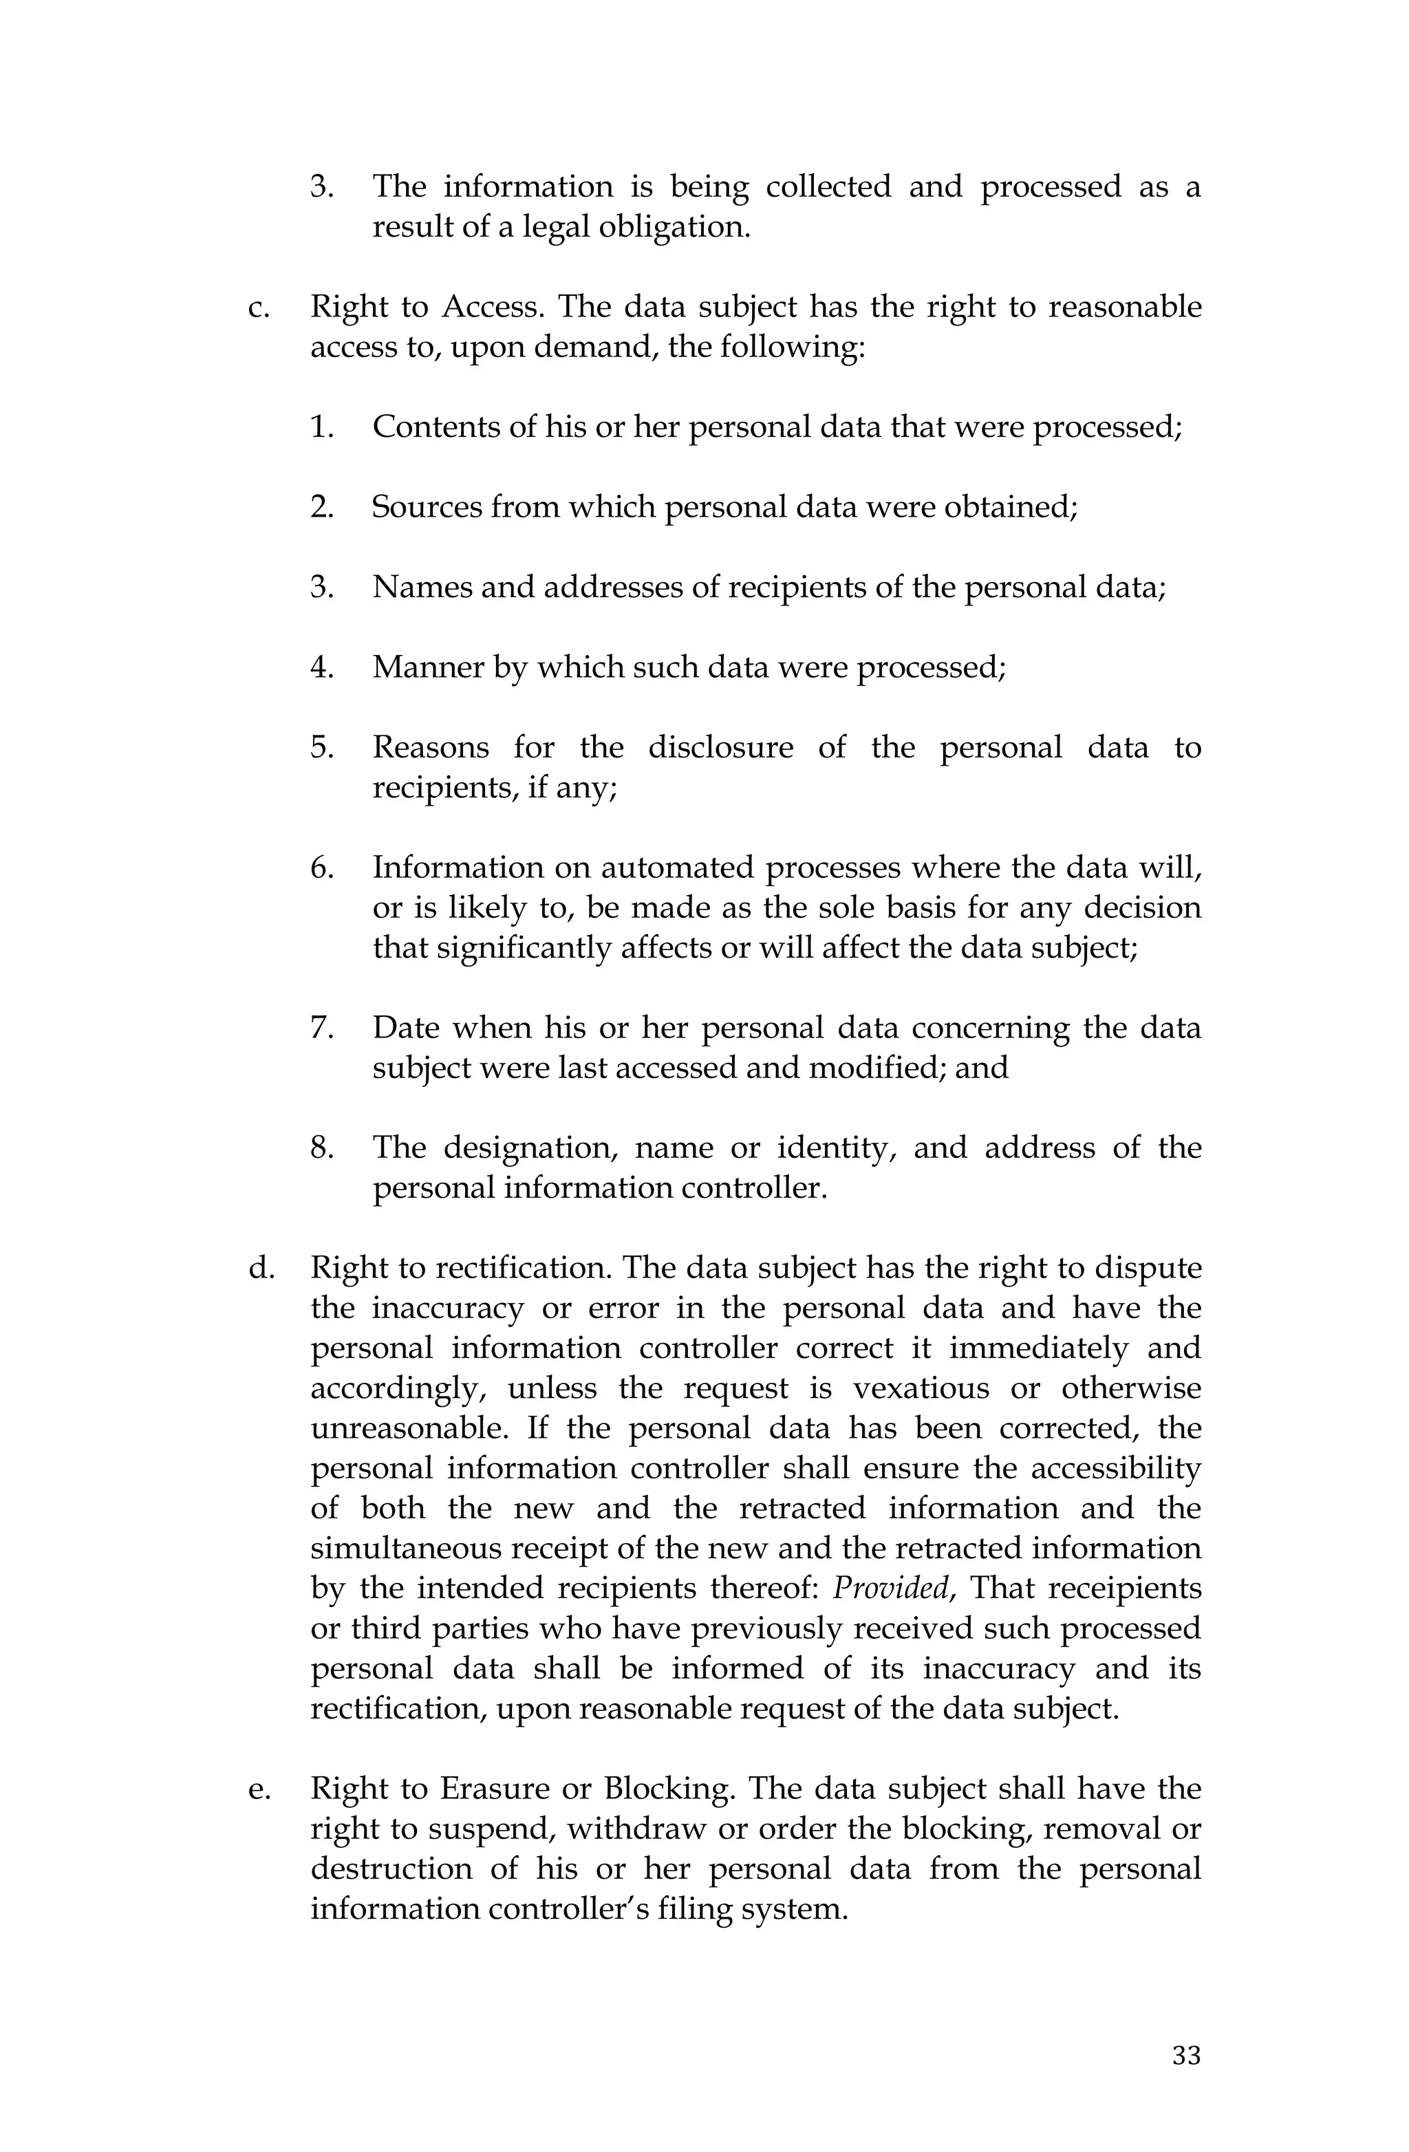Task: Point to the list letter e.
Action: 259,1789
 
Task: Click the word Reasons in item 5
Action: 431,748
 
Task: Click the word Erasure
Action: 508,1789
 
